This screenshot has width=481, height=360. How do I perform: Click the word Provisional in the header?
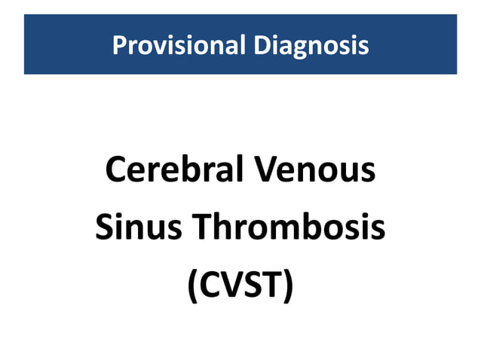179,45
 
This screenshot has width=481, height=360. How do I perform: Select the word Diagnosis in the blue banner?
311,45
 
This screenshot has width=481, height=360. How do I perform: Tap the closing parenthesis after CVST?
287,286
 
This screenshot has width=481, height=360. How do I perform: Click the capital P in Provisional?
118,45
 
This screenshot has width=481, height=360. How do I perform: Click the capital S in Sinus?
105,227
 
